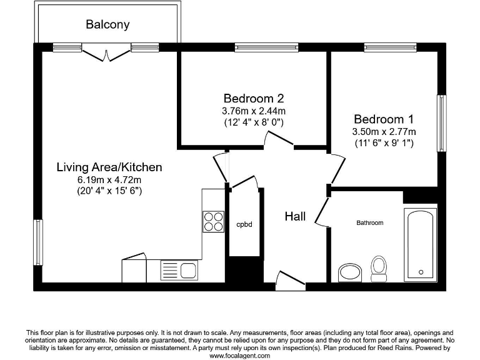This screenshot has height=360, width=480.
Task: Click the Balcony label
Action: tap(107, 25)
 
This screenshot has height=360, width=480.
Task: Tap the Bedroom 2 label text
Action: tap(254, 98)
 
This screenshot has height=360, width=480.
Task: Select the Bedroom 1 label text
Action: tap(384, 119)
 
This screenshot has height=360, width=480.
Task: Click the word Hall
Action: tap(295, 216)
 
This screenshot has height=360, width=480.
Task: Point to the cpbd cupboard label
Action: tap(244, 224)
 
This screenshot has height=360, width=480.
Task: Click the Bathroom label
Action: tap(369, 222)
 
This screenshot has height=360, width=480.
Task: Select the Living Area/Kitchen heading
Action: tap(109, 167)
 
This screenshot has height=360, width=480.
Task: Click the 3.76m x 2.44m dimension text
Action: tap(254, 111)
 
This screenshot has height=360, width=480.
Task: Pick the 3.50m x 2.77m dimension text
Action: tap(384, 131)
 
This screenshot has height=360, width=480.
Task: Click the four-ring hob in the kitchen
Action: tap(213, 222)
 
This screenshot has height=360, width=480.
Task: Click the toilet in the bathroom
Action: tap(379, 267)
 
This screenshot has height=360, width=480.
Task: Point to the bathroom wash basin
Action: tap(350, 272)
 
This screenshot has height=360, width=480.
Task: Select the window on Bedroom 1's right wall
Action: tap(442, 123)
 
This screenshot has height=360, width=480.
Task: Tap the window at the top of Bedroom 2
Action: tap(266, 47)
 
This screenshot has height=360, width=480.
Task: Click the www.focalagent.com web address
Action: tap(239, 355)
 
